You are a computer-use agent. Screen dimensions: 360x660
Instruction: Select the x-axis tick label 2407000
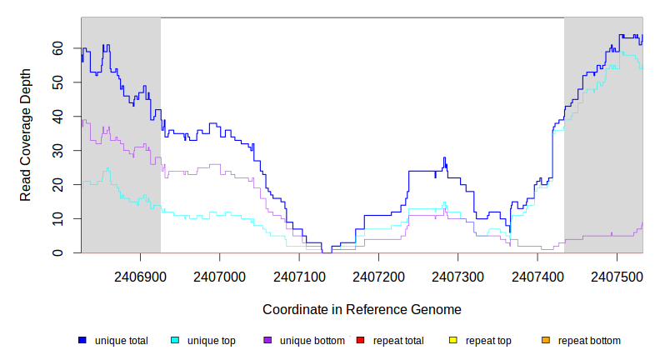219,274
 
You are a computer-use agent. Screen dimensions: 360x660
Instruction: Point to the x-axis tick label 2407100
299,274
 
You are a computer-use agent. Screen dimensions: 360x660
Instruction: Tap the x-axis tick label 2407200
378,274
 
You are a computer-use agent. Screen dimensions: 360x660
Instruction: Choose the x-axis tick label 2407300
458,274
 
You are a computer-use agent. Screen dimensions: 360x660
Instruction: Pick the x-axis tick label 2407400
537,274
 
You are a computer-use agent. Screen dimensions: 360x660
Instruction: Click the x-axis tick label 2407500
617,274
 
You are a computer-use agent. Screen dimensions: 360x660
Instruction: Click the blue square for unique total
82,340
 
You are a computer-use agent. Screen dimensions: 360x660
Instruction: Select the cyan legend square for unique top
175,340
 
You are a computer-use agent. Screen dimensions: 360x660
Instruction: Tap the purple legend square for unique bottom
267,340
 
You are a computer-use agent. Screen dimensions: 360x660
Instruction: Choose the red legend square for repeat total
360,340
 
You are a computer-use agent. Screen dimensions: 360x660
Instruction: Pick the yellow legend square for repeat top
453,340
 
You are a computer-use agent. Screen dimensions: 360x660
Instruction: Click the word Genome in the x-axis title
434,309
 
